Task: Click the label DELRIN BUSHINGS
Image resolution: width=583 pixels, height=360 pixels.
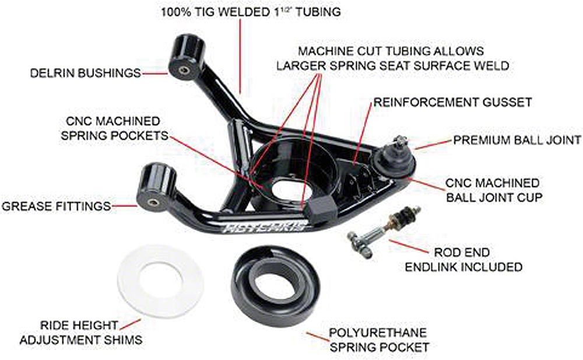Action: pos(86,73)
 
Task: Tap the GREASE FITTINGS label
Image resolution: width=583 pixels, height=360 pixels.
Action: pos(57,206)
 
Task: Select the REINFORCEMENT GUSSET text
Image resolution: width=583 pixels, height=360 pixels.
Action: pos(452,102)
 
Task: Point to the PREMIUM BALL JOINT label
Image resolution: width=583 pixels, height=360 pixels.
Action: pos(517,140)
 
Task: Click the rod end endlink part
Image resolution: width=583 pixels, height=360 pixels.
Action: pos(385,232)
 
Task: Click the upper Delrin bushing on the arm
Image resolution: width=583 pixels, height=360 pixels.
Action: pos(187,57)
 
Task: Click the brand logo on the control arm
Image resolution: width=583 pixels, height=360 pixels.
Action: pos(265,226)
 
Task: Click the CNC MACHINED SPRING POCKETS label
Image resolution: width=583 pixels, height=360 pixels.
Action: pos(114,128)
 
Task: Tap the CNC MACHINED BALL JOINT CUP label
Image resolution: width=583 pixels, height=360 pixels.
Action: pos(494,190)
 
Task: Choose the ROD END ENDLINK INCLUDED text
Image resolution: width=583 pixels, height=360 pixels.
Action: pos(463,260)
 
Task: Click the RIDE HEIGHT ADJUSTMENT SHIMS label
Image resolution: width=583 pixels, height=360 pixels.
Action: pos(80,333)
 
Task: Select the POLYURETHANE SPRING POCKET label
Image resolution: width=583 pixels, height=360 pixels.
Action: pos(379,340)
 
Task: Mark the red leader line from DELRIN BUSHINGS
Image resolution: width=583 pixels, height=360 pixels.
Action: pos(154,74)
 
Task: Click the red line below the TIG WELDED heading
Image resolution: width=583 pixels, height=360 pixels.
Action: pos(240,56)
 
